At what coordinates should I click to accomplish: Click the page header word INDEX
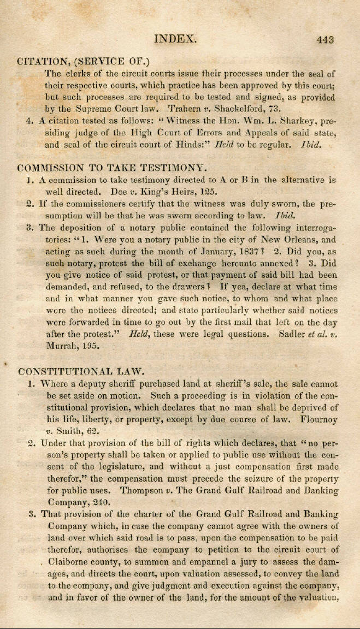(175, 39)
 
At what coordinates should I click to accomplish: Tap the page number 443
(324, 39)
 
